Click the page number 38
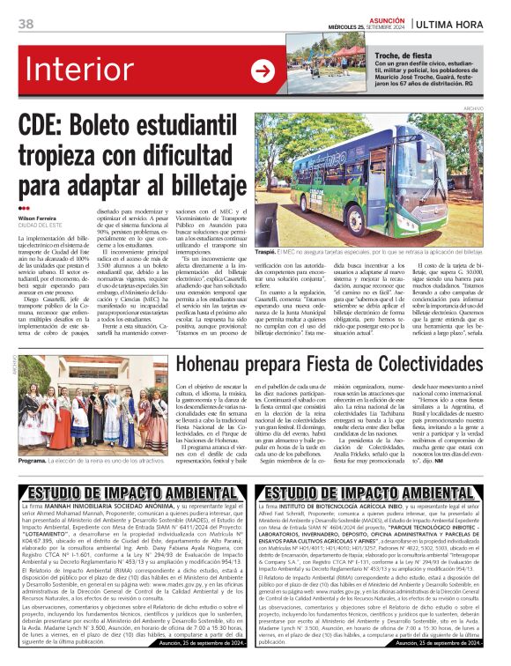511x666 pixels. [x=26, y=23]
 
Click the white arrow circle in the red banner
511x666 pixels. [x=263, y=71]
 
